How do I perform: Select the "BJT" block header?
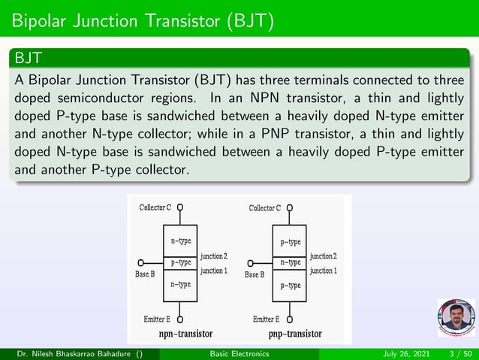tap(27, 57)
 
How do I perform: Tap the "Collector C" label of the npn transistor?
tap(155, 207)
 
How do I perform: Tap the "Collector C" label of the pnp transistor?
tap(265, 207)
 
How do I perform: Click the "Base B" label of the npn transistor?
tap(145, 274)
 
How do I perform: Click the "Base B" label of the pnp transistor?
tap(255, 275)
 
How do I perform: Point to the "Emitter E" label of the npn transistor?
tap(157, 319)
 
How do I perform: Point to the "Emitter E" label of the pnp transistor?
tap(267, 319)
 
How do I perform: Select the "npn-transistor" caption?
tap(185, 333)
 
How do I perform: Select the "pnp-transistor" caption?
tap(295, 333)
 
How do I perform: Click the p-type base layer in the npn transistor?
tap(180, 262)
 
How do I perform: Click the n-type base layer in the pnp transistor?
tap(290, 262)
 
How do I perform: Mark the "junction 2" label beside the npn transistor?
tap(214, 257)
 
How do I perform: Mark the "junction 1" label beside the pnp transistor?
tap(324, 270)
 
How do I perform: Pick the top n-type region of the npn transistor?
tap(180, 241)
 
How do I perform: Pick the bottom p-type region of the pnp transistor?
tap(290, 286)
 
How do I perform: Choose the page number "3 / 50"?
tap(458, 354)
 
